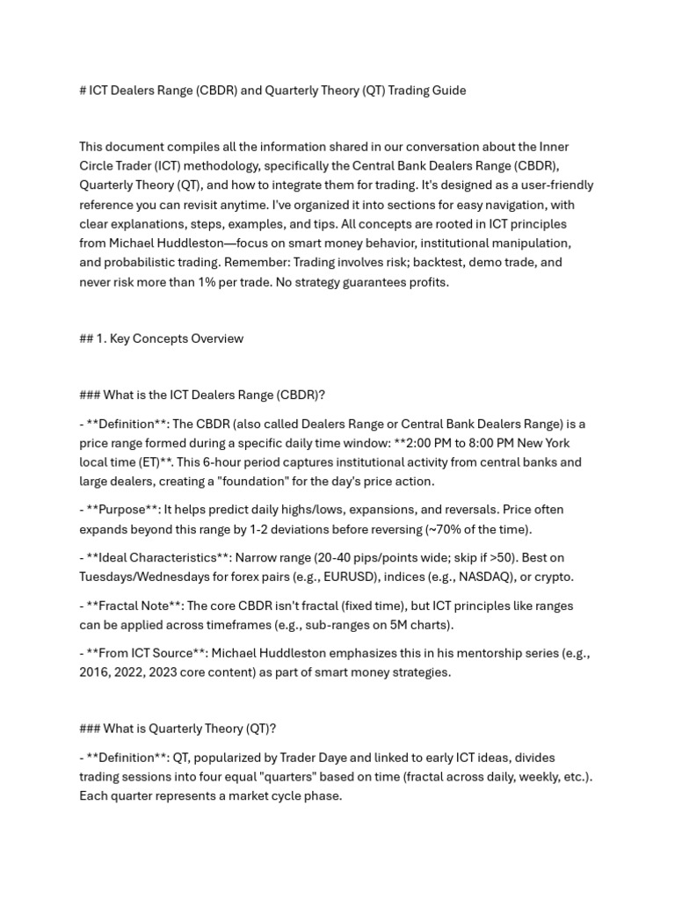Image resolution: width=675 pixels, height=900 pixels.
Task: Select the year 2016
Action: [95, 672]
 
